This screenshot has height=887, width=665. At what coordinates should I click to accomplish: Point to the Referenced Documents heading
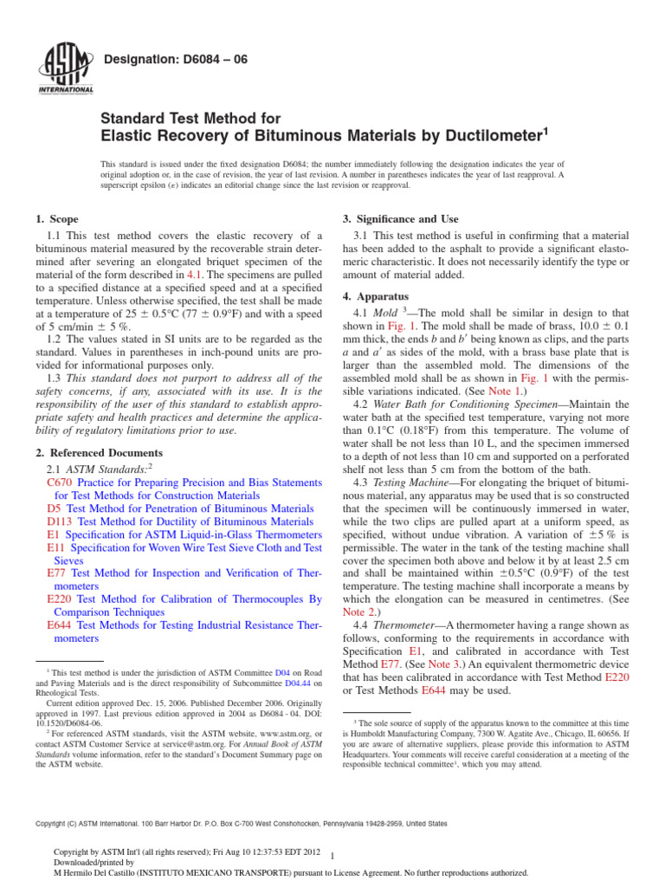98,453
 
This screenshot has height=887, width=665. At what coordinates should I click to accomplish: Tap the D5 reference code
54,508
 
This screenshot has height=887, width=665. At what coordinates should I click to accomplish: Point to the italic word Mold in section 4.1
385,311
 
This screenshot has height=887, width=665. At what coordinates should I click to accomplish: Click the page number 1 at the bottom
333,853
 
